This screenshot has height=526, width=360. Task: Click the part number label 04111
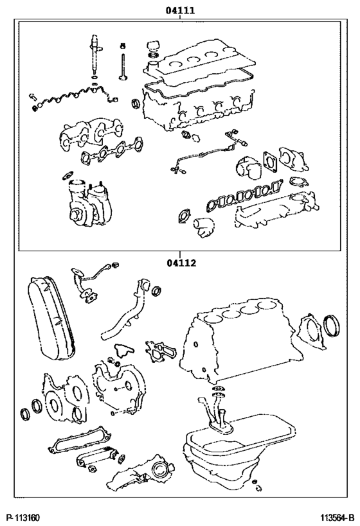pos(180,11)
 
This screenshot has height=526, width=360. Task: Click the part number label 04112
pos(181,262)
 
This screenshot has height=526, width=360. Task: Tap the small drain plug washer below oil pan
pos(256,482)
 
